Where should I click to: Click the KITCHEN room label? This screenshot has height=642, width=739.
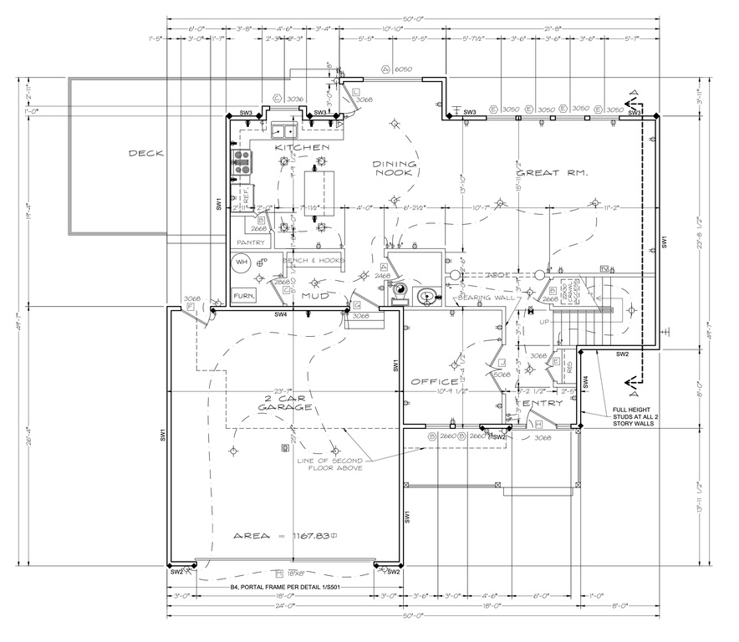pos(298,147)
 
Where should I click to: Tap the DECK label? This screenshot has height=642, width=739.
pos(145,153)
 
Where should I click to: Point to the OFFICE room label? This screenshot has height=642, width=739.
pos(434,382)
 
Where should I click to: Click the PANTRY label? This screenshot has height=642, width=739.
pos(251,242)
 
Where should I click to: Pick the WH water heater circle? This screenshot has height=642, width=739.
pos(242,262)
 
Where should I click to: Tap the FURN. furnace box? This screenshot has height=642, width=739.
pos(243,296)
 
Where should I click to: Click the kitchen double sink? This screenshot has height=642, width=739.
pos(285,130)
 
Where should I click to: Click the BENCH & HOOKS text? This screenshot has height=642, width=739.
pos(314,261)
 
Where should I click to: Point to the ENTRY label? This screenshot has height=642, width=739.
pos(542,404)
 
